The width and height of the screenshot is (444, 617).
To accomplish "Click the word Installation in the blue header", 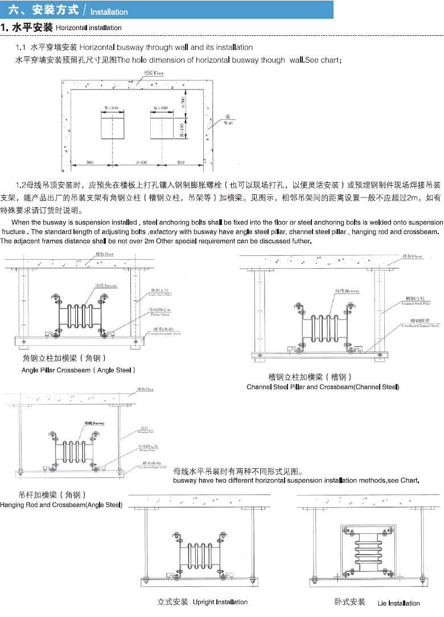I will coord(109,11).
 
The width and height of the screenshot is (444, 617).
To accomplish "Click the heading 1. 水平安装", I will coord(27,27).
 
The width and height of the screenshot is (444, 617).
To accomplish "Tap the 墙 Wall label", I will coord(228,120).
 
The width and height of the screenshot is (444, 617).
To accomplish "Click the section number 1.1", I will coord(21,47).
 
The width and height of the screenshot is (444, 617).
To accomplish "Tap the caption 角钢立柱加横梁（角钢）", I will coord(64,358).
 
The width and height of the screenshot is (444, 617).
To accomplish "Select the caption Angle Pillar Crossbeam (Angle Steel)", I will coord(79,370).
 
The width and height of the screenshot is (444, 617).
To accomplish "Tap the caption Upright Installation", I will coord(220,602).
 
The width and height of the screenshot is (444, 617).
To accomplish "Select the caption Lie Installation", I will coord(398,603).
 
